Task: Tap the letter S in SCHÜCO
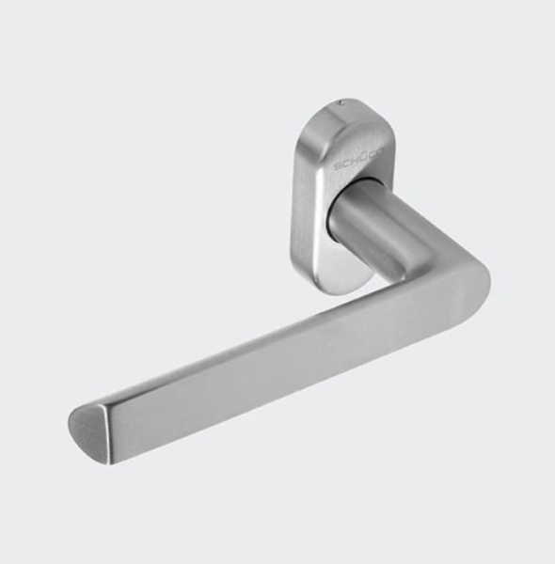(x=337, y=168)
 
